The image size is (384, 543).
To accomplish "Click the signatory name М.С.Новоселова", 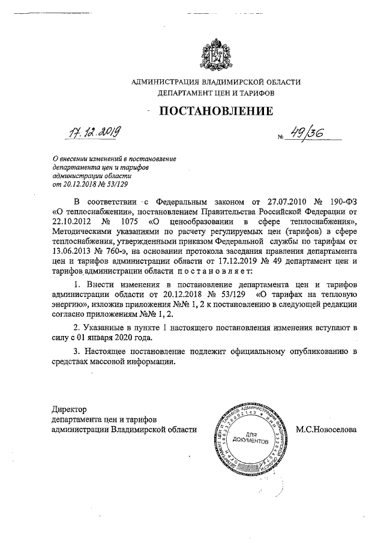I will point(326,430).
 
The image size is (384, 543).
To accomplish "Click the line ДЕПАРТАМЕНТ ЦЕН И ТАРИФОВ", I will point(215,94).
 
